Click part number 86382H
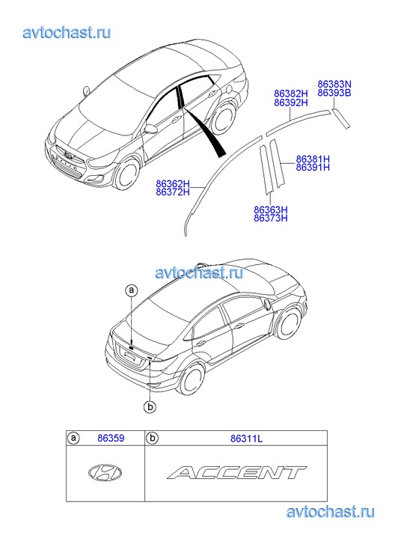(291, 94)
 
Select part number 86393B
(334, 93)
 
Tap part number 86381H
(313, 159)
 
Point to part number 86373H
(271, 218)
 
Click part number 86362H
(173, 184)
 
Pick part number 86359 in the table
(111, 438)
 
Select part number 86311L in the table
(246, 438)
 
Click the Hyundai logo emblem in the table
(105, 472)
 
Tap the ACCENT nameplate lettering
(236, 472)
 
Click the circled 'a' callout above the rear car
(132, 290)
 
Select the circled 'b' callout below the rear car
(150, 406)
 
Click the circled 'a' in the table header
(73, 438)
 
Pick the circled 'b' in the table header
(152, 438)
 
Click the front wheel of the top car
(127, 174)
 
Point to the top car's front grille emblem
(69, 156)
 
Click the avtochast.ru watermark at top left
(67, 33)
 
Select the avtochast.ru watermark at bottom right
(331, 512)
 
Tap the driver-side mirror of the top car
(151, 129)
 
